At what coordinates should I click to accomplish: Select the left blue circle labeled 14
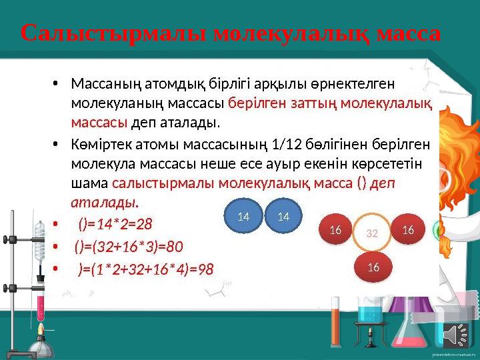point(243,217)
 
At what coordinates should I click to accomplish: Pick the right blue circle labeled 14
point(283,217)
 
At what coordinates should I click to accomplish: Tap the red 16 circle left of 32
point(335,230)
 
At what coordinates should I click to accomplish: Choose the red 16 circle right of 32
point(408,230)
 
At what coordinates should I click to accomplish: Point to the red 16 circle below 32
point(373,267)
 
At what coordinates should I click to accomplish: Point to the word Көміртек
point(98,145)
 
